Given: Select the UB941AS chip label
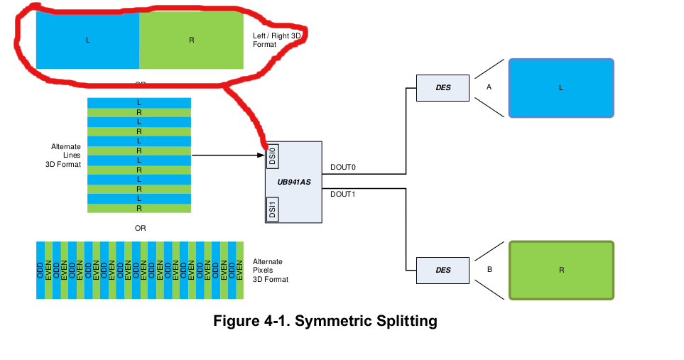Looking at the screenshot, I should (294, 182).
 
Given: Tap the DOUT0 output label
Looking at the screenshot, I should (342, 168).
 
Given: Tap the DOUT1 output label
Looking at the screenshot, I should (342, 194).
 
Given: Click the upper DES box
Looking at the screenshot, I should (443, 87).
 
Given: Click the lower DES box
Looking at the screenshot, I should (443, 270).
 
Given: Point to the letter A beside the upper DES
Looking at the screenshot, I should (489, 87).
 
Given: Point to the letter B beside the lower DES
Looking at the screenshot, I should (489, 270).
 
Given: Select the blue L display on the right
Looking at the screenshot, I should (560, 88).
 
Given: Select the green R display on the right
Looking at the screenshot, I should (560, 271).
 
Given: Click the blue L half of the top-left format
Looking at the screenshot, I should (87, 40).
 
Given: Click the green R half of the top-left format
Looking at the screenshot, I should (191, 40).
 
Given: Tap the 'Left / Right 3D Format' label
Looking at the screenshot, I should (281, 40).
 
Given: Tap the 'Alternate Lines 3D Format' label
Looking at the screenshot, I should (65, 156).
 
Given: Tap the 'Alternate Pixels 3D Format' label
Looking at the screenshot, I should (271, 271).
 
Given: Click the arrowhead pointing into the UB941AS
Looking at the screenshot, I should (260, 155).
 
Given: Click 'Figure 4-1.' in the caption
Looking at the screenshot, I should (252, 321).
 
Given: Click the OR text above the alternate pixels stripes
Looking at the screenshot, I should (140, 229).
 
